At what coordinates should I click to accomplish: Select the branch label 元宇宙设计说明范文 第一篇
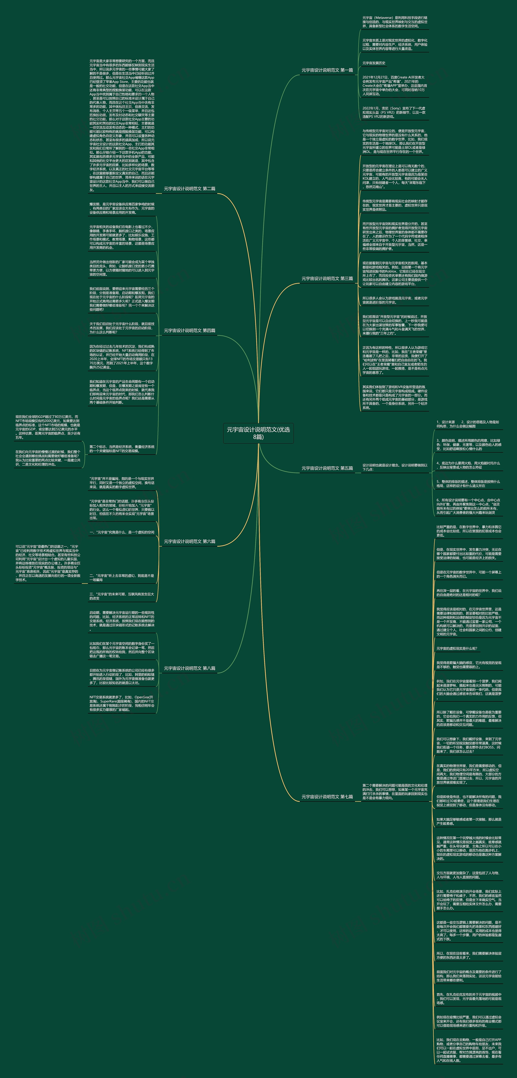click(x=327, y=70)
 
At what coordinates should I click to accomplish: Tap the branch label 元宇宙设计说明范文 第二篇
click(x=189, y=189)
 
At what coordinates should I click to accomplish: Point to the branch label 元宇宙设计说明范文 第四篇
click(x=189, y=331)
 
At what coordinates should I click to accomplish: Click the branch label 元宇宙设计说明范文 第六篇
click(x=189, y=542)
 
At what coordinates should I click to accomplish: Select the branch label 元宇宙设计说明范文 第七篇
click(x=327, y=797)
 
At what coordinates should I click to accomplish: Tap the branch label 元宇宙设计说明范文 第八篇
click(x=189, y=668)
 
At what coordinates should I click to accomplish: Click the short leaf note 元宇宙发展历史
click(x=374, y=63)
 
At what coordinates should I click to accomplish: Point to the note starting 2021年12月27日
click(x=394, y=85)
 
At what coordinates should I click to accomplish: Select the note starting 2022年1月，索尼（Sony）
click(x=394, y=112)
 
